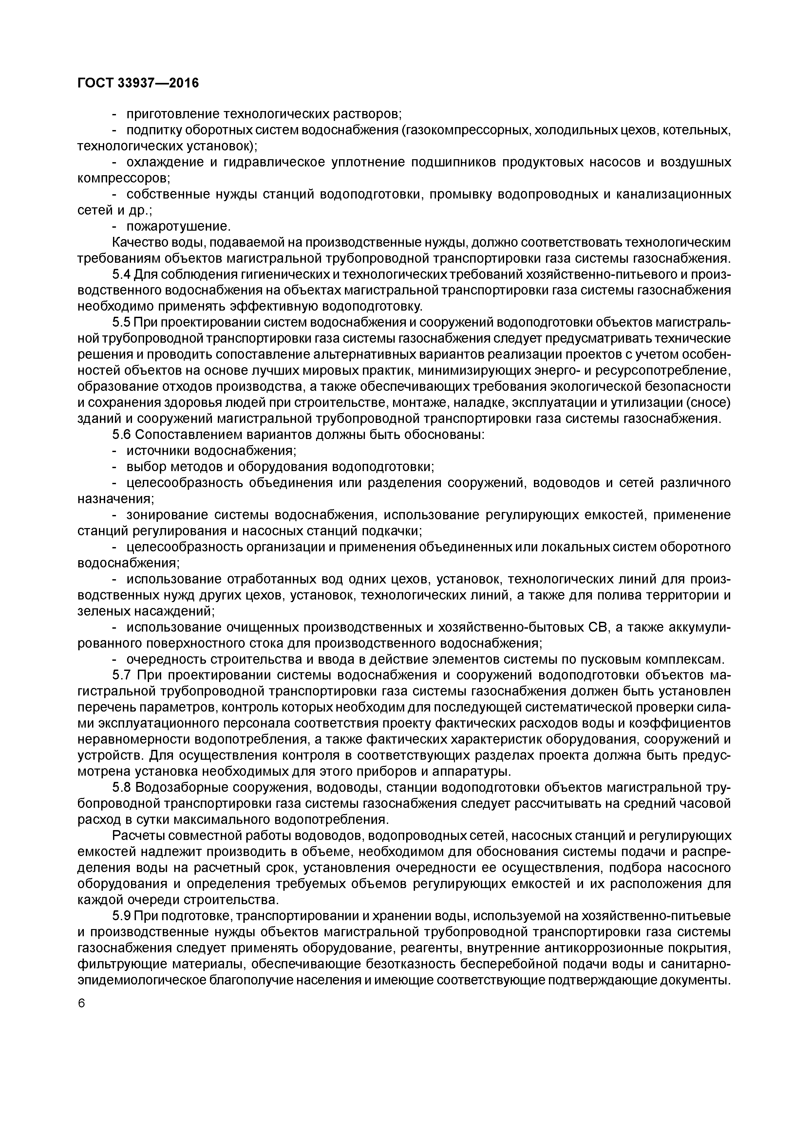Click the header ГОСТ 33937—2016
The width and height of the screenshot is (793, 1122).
click(x=138, y=84)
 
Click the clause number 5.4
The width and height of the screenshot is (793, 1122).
click(x=122, y=275)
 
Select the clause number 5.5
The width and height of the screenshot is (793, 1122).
click(x=122, y=323)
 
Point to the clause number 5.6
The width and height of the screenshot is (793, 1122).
click(x=122, y=434)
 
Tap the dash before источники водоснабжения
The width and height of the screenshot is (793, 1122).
click(x=115, y=450)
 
